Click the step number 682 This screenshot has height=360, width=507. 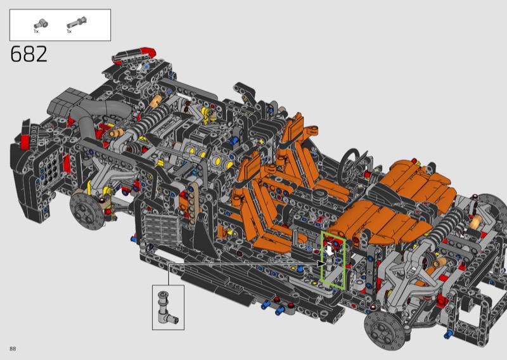click(29, 54)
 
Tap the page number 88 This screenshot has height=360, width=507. click(13, 349)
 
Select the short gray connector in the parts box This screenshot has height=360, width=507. click(41, 24)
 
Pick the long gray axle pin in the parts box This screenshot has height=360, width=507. click(77, 22)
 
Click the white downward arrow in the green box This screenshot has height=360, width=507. click(330, 250)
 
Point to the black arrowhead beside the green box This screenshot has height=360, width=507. click(321, 264)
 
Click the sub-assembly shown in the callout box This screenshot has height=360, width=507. click(167, 307)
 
